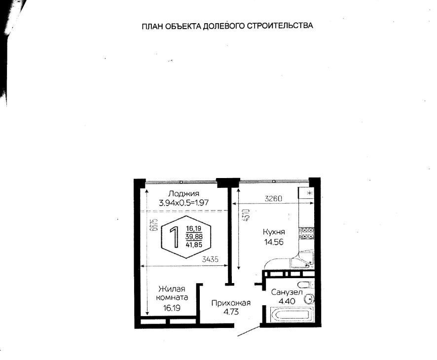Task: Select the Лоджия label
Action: pos(183,194)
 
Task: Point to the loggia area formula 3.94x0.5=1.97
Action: pos(183,203)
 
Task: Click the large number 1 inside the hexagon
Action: pos(174,237)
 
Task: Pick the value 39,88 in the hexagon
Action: pos(194,237)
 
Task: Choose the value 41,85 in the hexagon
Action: pos(194,245)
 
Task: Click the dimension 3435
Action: pos(210,259)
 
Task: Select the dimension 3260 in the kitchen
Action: pos(273,199)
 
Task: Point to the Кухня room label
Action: pos(274,232)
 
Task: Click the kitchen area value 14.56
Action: pos(274,242)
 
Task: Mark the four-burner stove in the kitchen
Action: pos(307,233)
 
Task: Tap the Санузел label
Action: pos(287,292)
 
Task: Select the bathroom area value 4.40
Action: pos(287,301)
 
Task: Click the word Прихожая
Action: pos(231,303)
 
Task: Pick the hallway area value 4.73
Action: pos(231,312)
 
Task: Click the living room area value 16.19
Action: pos(172,308)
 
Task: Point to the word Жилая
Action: pos(172,288)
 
